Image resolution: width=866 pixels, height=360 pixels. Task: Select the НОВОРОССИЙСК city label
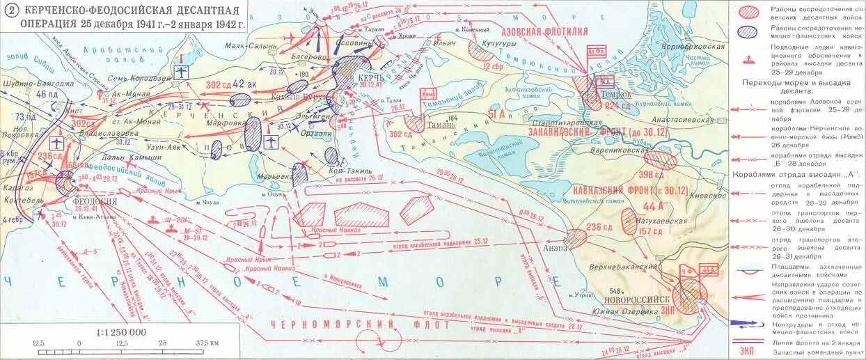click(634, 298)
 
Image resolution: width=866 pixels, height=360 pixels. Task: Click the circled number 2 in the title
click(9, 10)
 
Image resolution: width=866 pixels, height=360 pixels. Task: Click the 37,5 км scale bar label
click(207, 343)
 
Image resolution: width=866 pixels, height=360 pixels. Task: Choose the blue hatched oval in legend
click(748, 31)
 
